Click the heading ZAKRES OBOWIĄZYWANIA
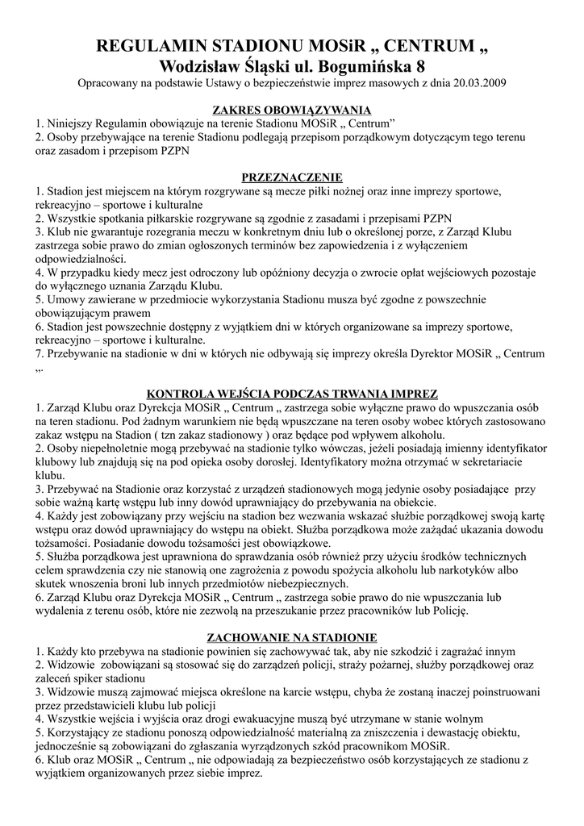pos(291,110)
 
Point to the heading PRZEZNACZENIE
pos(292,177)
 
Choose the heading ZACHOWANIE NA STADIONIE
pos(292,636)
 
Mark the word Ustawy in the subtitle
pos(257,82)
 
